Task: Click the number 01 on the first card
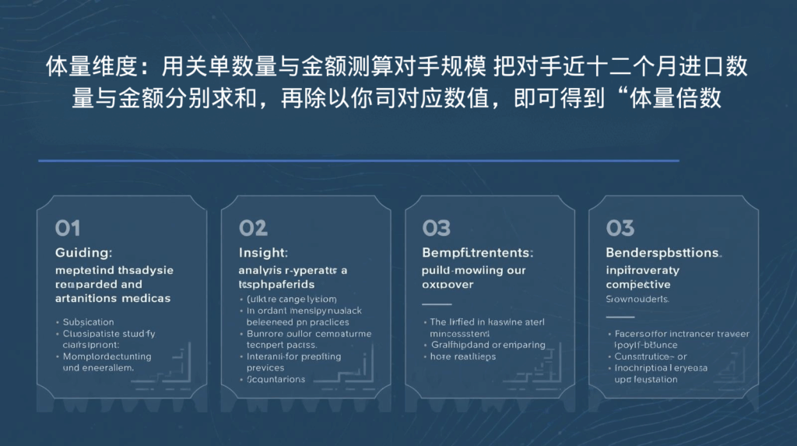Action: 68,227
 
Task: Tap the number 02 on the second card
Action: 253,227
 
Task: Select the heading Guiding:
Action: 84,253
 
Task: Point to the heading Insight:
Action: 263,253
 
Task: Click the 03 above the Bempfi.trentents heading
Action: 437,227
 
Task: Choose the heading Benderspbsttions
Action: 663,253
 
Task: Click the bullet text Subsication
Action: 88,321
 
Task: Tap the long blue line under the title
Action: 358,161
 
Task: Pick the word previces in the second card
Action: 265,367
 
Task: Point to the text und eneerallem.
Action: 98,367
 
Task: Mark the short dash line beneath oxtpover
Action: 437,304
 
